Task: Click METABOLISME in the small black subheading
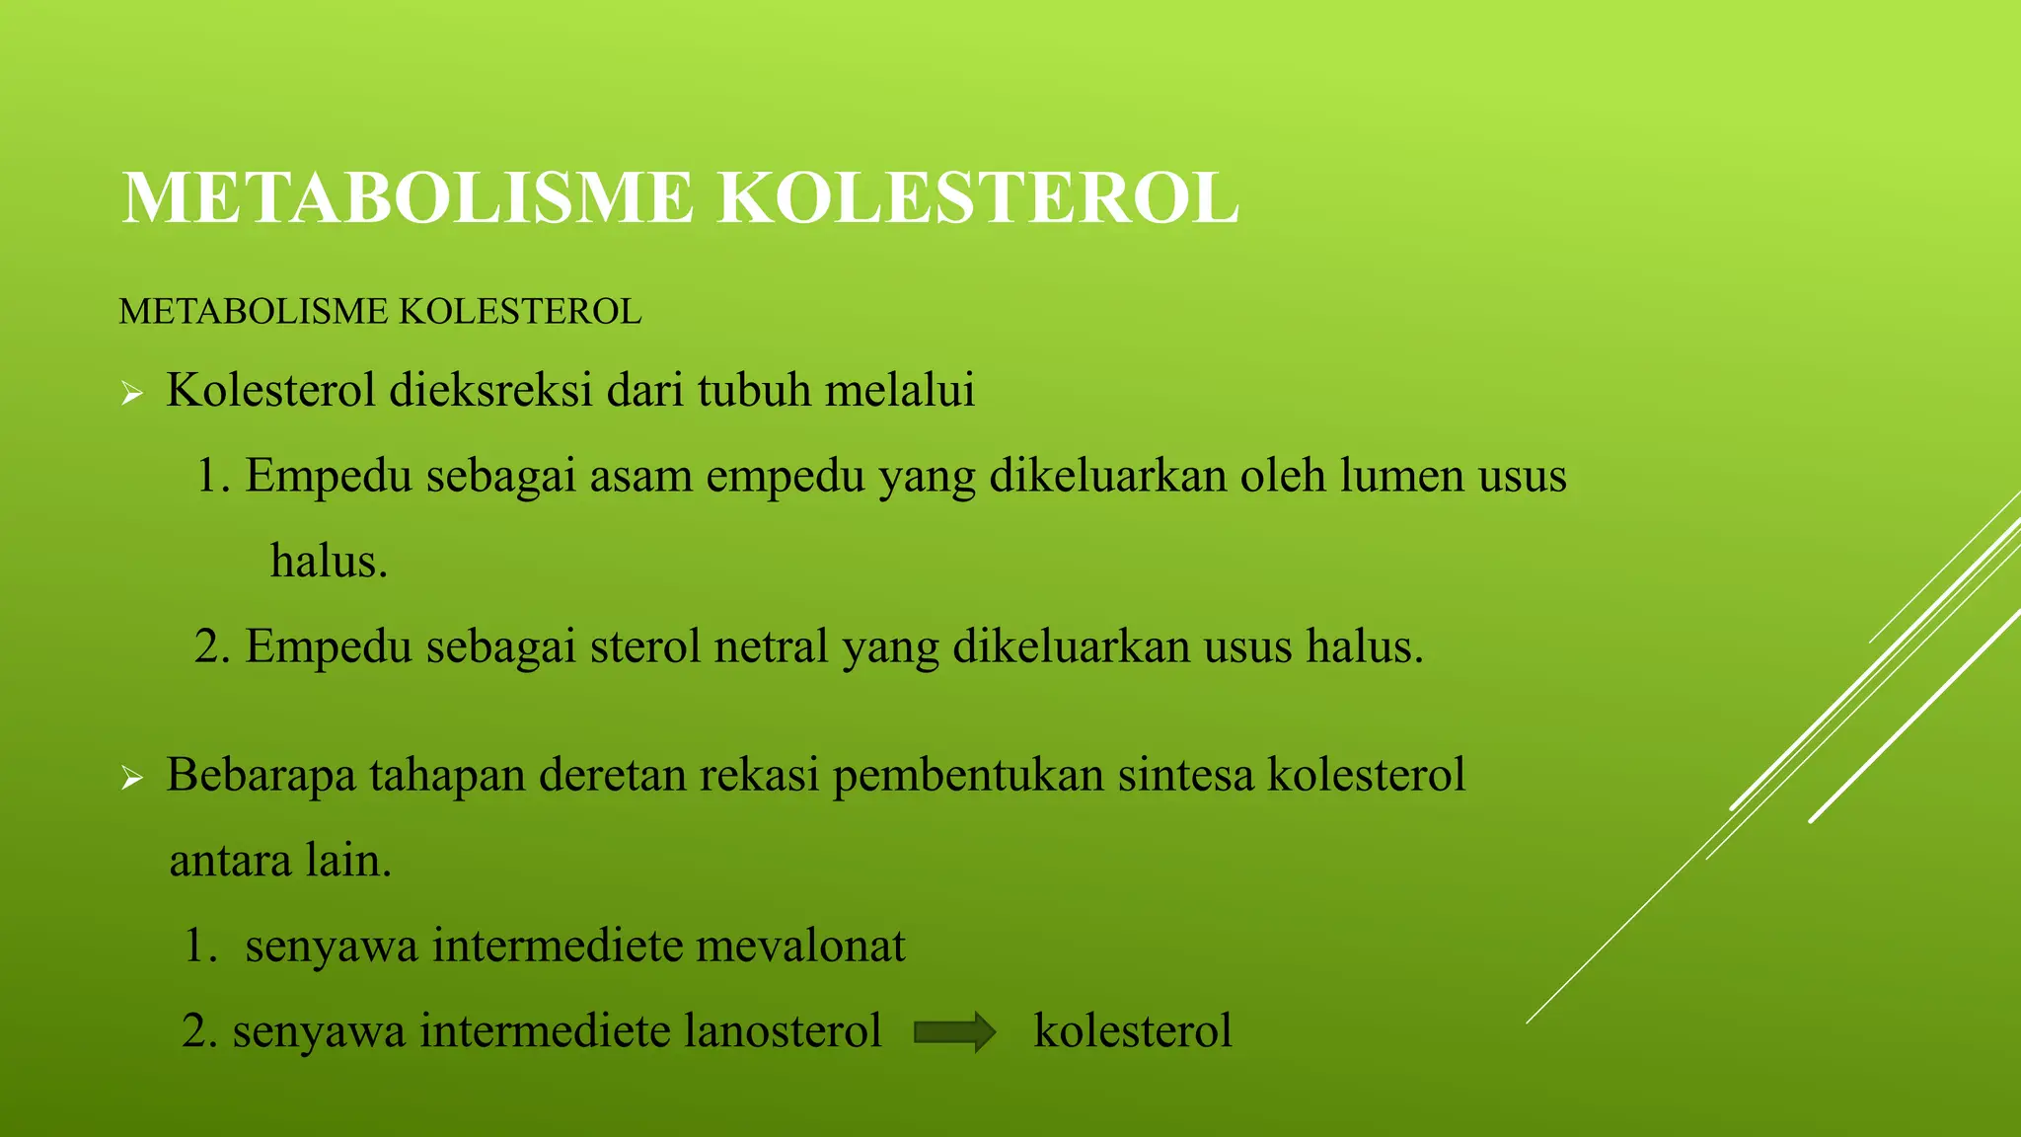pos(254,312)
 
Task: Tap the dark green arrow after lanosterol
pos(954,1032)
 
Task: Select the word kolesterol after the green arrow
pos(1133,1031)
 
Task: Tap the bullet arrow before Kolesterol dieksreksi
pos(132,396)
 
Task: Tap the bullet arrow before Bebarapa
pos(132,780)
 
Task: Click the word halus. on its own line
pos(329,562)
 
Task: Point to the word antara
pos(231,862)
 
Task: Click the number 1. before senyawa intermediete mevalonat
pos(200,947)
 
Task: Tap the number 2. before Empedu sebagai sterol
pos(212,647)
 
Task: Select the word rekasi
pos(760,776)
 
